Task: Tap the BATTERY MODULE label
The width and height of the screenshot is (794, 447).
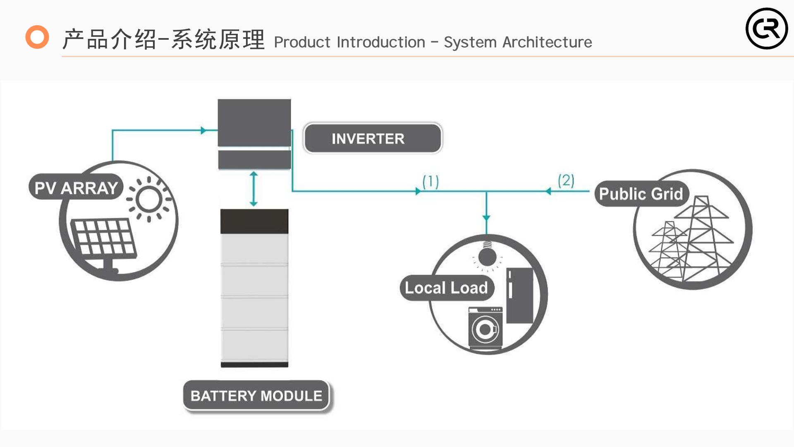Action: click(x=256, y=396)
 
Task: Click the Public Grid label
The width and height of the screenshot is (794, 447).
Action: click(x=641, y=194)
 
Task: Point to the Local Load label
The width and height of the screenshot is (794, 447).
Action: click(x=447, y=288)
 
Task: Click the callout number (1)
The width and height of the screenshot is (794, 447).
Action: click(x=430, y=181)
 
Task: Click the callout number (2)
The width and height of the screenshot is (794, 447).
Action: click(x=566, y=180)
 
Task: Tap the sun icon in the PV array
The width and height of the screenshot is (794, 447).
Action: click(x=149, y=199)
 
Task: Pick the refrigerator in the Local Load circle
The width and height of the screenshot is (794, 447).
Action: click(x=519, y=295)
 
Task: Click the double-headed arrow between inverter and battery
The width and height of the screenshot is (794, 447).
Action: click(x=254, y=189)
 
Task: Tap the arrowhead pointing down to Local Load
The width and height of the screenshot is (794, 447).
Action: click(x=486, y=218)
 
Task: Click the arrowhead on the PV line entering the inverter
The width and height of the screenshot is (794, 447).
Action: click(x=203, y=130)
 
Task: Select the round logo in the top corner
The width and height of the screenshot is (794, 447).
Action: click(x=767, y=29)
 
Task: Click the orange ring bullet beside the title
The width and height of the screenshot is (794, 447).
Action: click(x=37, y=37)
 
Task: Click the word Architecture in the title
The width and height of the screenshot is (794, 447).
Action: click(x=547, y=42)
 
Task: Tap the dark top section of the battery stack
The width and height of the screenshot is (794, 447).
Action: click(x=254, y=221)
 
